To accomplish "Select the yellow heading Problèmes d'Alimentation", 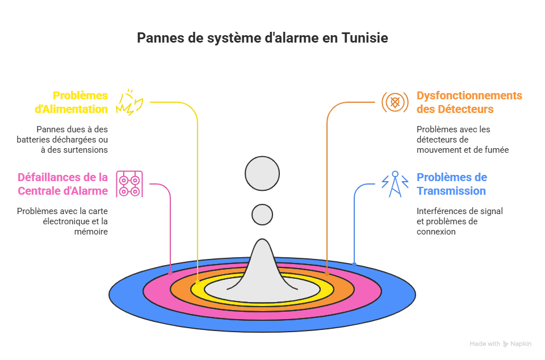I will [x=80, y=102].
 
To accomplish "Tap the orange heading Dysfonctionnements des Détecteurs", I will [x=469, y=102].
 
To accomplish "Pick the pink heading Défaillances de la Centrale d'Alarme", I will [x=62, y=184].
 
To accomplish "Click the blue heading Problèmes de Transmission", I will [x=452, y=184].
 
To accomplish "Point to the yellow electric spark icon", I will [x=129, y=102].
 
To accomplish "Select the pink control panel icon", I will [x=129, y=184].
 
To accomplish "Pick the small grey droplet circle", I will [x=262, y=214].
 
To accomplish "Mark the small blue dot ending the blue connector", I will [x=354, y=263].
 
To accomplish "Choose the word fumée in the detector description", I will [x=496, y=150].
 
